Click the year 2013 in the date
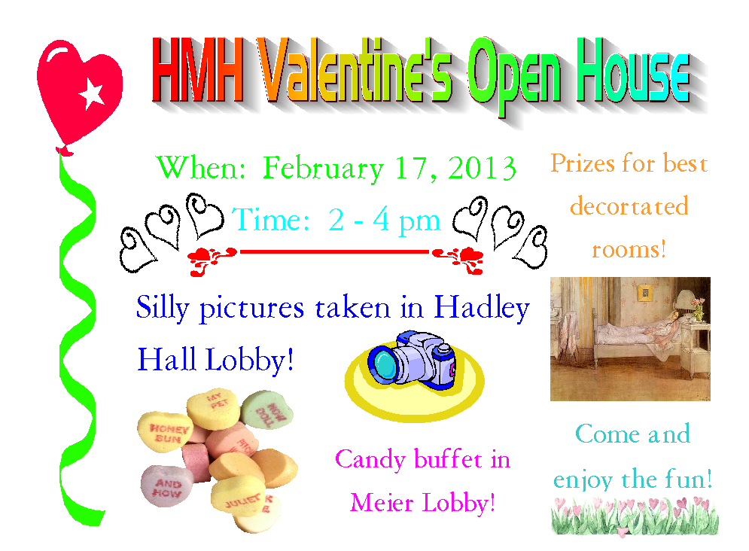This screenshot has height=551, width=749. point(482,168)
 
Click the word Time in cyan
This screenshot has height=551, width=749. point(271,220)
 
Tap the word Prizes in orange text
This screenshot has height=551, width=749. point(583,163)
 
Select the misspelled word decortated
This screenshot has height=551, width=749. point(629,206)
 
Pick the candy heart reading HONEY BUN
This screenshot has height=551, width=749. point(166,431)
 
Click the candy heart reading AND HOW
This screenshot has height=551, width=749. point(166,486)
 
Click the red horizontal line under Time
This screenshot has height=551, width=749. point(334,251)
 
